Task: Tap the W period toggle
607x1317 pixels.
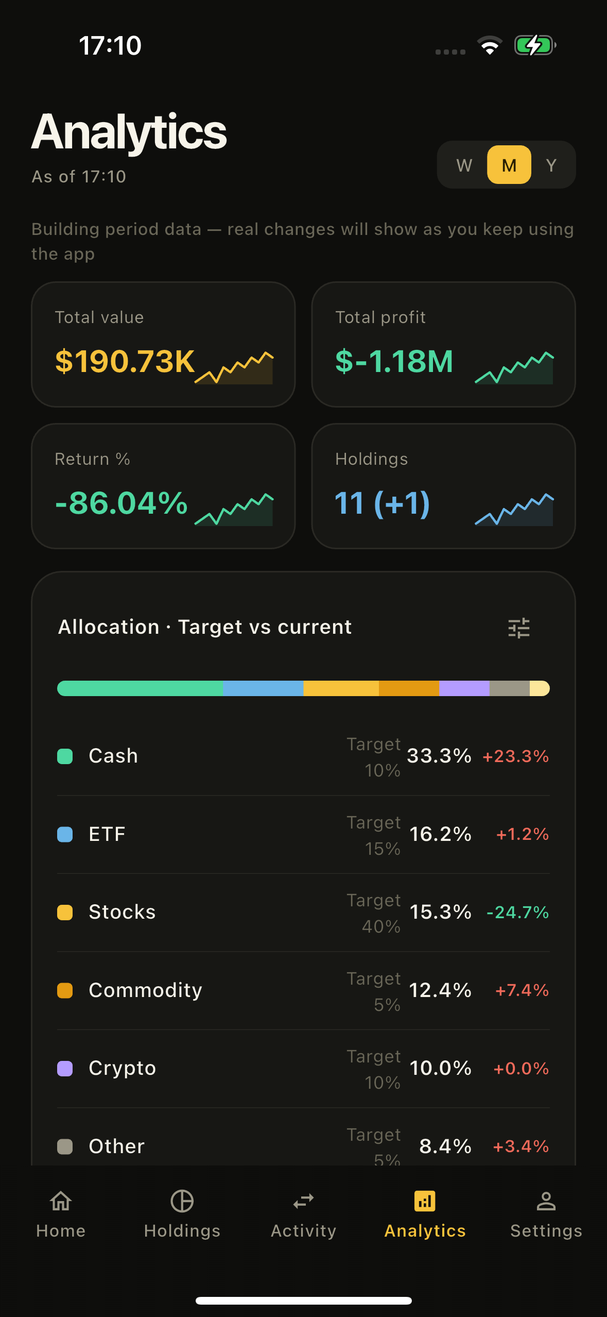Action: [x=464, y=165]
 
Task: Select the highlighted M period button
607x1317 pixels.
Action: [x=509, y=165]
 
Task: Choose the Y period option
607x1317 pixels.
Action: [x=551, y=165]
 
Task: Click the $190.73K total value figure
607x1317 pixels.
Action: [x=125, y=361]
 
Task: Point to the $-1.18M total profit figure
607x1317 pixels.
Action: [x=394, y=361]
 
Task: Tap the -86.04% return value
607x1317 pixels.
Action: [x=122, y=503]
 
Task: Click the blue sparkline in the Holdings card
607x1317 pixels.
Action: [x=514, y=510]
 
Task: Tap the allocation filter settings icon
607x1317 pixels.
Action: [x=518, y=628]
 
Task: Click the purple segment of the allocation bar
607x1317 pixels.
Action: [x=464, y=688]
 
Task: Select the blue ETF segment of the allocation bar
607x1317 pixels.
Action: [x=263, y=688]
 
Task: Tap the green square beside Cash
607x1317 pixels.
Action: [x=65, y=756]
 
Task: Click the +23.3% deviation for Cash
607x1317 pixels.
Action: [x=515, y=756]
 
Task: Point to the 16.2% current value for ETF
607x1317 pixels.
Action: [x=440, y=834]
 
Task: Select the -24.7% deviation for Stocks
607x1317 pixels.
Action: [x=517, y=913]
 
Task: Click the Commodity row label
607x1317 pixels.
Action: [x=145, y=990]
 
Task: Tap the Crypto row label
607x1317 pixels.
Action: [x=122, y=1068]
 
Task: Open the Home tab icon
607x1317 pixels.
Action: [x=61, y=1202]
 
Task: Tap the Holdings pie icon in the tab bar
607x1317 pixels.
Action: [x=182, y=1202]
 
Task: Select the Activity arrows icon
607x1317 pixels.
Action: [x=303, y=1202]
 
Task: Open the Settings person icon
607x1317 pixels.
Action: [x=546, y=1202]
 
